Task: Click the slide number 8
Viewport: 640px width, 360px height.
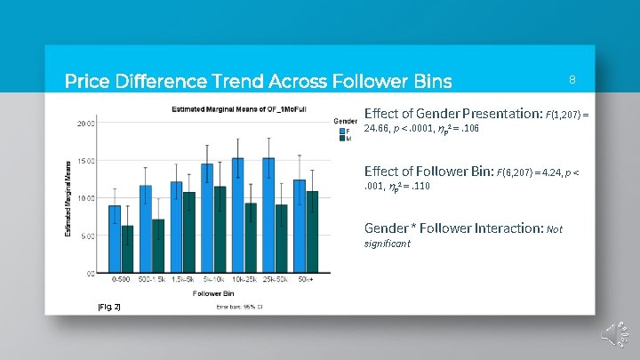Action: tap(572, 80)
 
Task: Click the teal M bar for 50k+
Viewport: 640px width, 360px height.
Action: tap(312, 231)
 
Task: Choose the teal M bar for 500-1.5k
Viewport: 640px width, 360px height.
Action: tap(158, 245)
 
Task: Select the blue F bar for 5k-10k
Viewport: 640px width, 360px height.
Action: tap(207, 218)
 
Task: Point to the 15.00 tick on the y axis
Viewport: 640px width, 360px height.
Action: tap(86, 161)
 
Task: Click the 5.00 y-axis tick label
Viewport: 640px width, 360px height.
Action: tap(88, 236)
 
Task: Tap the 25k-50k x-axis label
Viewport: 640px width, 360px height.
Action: tap(275, 281)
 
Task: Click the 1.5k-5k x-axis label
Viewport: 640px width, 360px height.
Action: tap(182, 281)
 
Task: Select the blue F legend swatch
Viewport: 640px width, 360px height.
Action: tap(337, 132)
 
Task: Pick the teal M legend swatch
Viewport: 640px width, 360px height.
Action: tap(337, 140)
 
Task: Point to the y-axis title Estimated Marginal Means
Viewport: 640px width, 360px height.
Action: tap(68, 197)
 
